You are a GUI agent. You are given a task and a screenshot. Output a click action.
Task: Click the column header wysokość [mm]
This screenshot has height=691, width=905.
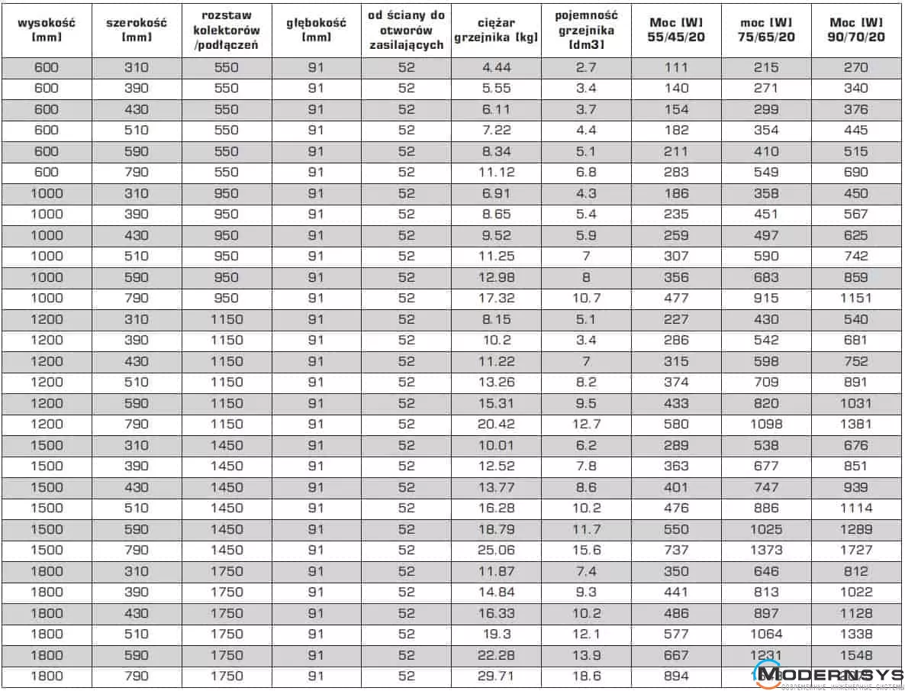47,29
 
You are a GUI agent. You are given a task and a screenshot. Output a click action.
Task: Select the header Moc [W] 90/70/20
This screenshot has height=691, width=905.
856,29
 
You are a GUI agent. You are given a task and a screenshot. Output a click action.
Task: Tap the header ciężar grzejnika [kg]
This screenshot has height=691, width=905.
496,30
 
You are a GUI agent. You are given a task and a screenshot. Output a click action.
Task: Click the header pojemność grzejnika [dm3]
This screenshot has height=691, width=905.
586,30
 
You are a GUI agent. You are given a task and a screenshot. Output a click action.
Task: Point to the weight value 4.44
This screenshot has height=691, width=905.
496,67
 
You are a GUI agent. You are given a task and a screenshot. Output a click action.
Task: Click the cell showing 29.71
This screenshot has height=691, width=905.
496,676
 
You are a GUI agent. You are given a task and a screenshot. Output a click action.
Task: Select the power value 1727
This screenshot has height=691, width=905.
856,550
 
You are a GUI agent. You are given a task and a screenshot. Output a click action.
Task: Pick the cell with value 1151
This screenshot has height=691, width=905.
856,298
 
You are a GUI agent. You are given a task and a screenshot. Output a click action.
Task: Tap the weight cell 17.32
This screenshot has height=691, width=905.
496,298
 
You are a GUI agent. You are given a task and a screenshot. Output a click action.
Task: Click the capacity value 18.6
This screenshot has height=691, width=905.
586,676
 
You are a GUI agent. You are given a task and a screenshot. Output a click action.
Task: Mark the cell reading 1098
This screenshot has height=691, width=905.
765,424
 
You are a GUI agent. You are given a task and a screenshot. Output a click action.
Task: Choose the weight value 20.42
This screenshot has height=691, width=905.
496,424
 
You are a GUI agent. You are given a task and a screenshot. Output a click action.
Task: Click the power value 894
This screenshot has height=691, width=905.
676,676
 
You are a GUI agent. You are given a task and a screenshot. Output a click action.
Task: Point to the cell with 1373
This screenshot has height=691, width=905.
765,550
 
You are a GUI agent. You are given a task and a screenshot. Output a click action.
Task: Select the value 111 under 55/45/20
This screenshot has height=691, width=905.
676,67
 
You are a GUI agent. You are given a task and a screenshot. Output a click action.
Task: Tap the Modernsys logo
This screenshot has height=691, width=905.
829,675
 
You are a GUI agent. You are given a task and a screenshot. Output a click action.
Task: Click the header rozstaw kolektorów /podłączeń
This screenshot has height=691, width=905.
227,30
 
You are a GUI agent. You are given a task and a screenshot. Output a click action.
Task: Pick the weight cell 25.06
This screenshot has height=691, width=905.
496,550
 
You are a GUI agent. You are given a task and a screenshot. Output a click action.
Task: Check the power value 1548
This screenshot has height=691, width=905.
856,655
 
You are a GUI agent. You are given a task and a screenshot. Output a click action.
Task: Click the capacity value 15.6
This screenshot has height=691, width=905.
586,550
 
